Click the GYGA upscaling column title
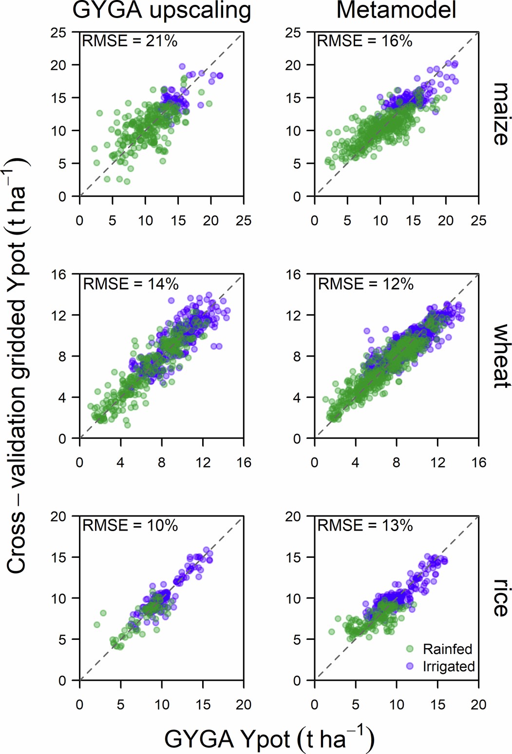click(x=161, y=11)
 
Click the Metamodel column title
click(x=396, y=11)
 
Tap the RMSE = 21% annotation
click(x=130, y=41)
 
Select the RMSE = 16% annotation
click(x=364, y=41)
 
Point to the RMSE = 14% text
click(x=131, y=284)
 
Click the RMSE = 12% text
click(x=365, y=284)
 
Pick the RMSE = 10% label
click(x=130, y=526)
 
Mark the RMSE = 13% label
click(x=365, y=526)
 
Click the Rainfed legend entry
click(x=447, y=649)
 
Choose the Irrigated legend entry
click(x=448, y=666)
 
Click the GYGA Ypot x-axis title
click(x=269, y=739)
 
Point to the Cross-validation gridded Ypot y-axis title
click(x=17, y=366)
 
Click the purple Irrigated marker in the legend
click(x=410, y=666)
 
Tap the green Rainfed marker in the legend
click(x=410, y=649)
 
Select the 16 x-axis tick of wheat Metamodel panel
click(x=478, y=462)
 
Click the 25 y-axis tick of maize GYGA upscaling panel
click(x=58, y=33)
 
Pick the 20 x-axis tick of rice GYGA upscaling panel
click(x=244, y=704)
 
